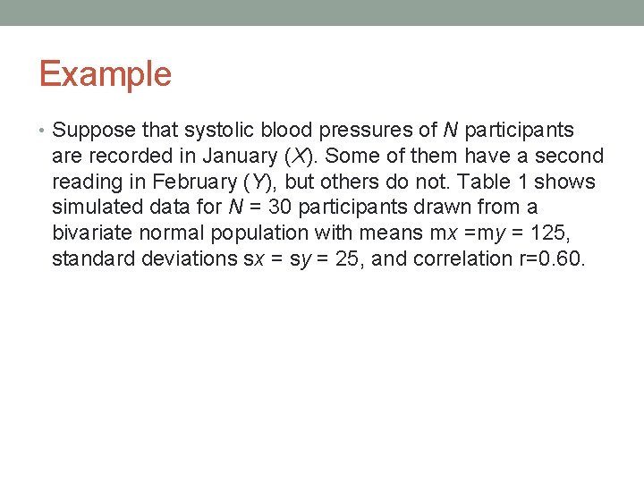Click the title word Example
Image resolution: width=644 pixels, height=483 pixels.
[105, 73]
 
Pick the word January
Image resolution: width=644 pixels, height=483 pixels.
[239, 157]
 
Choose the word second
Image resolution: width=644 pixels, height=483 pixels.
[570, 157]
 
